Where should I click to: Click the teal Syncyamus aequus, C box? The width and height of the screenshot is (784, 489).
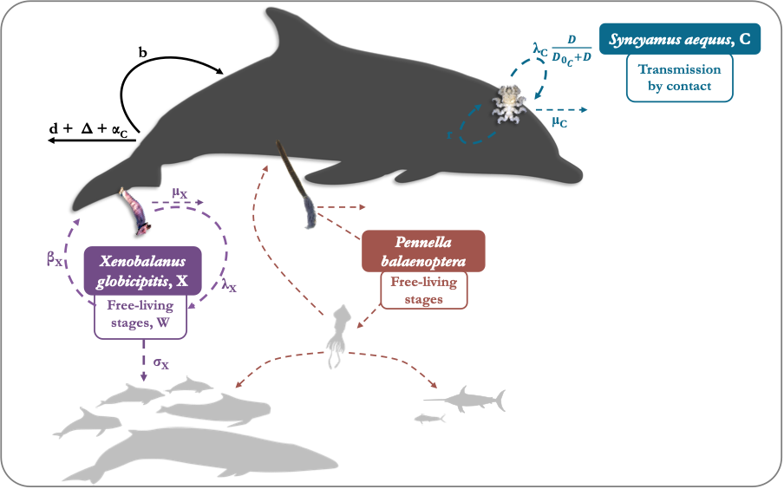680,39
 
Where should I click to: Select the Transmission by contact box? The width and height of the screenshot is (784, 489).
679,77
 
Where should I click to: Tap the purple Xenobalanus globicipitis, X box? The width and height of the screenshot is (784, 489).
142,271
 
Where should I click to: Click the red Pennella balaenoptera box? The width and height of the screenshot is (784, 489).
423,251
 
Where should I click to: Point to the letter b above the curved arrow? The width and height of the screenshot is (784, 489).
142,52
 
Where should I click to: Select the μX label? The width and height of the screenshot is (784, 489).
180,192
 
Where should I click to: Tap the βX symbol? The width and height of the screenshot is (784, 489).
55,258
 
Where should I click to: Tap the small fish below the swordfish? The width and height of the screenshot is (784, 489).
429,419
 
